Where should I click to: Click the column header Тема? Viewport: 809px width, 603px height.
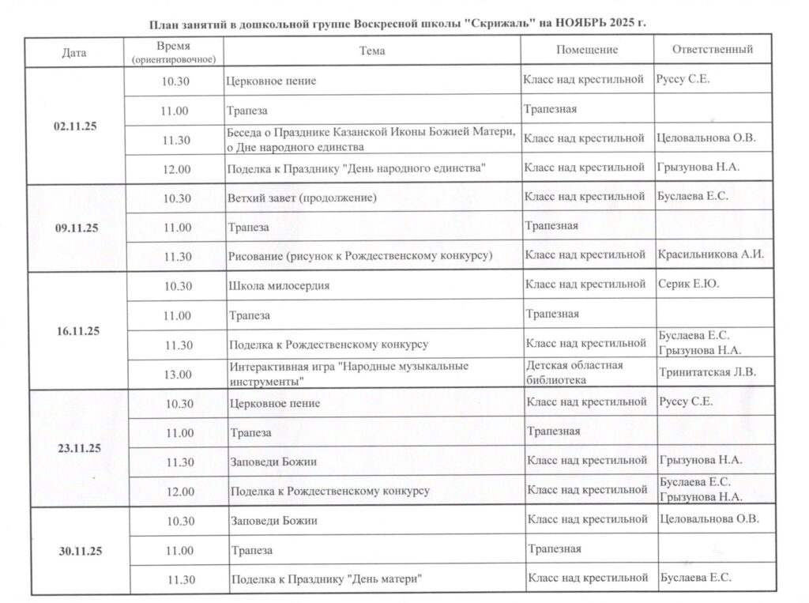click(371, 51)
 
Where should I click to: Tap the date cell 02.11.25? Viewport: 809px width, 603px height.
click(76, 126)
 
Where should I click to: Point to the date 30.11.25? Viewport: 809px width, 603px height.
click(77, 550)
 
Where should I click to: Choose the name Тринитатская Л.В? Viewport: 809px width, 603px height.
click(707, 372)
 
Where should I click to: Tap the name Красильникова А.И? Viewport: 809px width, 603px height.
click(711, 254)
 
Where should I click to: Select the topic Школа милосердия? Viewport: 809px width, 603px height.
click(279, 285)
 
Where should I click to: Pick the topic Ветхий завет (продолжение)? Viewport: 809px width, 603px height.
click(302, 198)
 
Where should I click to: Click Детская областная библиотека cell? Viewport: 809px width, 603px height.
click(574, 372)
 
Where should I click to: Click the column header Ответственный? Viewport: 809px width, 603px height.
click(712, 50)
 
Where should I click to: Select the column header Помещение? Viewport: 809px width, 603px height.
click(587, 50)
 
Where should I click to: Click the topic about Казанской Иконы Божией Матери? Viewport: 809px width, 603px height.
click(371, 138)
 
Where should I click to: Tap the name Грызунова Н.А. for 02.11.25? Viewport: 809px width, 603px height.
click(698, 168)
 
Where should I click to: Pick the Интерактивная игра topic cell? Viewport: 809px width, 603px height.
click(348, 373)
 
